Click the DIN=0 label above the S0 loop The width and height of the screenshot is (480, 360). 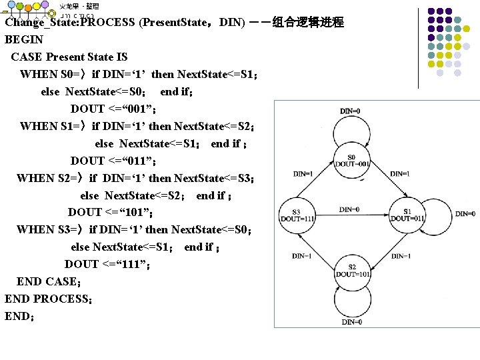(351, 111)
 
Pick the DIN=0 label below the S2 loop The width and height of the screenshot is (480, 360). (351, 322)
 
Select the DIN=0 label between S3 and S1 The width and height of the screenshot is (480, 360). (349, 209)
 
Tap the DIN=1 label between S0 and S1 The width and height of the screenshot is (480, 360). (400, 174)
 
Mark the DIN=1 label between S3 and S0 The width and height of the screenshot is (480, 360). (303, 174)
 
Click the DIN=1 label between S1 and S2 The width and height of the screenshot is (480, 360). (401, 255)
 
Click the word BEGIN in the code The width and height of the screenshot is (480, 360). (24, 39)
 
